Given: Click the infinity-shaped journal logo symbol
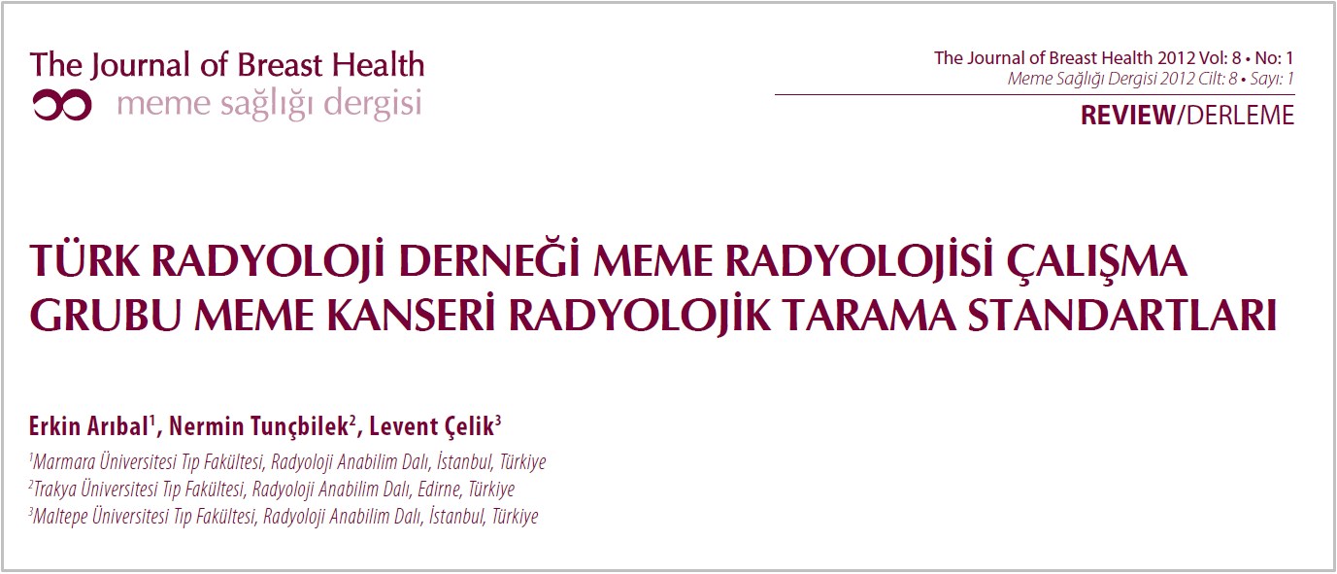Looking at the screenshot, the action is [63, 106].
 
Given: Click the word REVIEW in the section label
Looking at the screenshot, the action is [1127, 115].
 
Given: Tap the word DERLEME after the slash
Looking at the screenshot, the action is [1241, 115].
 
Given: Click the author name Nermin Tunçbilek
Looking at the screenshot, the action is [259, 426].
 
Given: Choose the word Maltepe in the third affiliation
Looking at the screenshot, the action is [60, 517].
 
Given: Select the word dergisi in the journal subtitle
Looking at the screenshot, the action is [373, 103].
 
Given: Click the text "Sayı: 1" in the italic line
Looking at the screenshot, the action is [1271, 79].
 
